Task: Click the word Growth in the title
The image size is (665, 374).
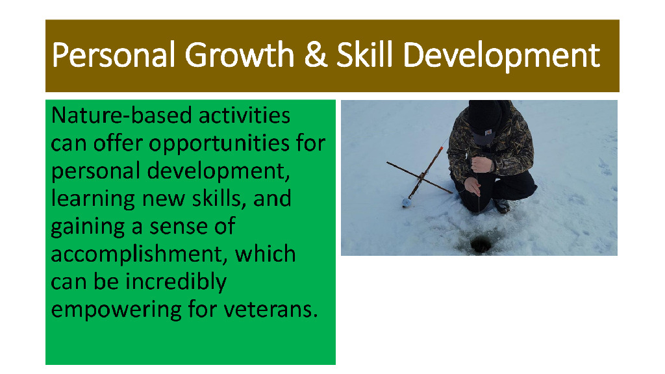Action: [x=240, y=55]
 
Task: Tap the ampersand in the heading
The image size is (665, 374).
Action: [x=316, y=55]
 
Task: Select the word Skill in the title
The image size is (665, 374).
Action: [x=365, y=55]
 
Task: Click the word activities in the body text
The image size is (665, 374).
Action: [x=245, y=116]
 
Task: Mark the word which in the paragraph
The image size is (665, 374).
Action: [x=265, y=254]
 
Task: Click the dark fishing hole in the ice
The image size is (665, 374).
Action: [x=481, y=245]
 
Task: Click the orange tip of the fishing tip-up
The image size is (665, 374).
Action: [x=441, y=149]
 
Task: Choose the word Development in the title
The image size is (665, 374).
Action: [x=501, y=55]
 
